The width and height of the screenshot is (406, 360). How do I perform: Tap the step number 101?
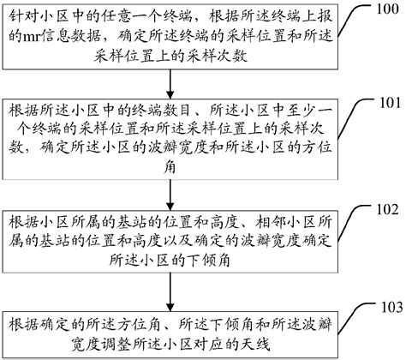[x=388, y=103]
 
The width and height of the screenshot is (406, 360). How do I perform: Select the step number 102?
[x=388, y=208]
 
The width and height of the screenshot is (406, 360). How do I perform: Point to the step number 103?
[x=388, y=305]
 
